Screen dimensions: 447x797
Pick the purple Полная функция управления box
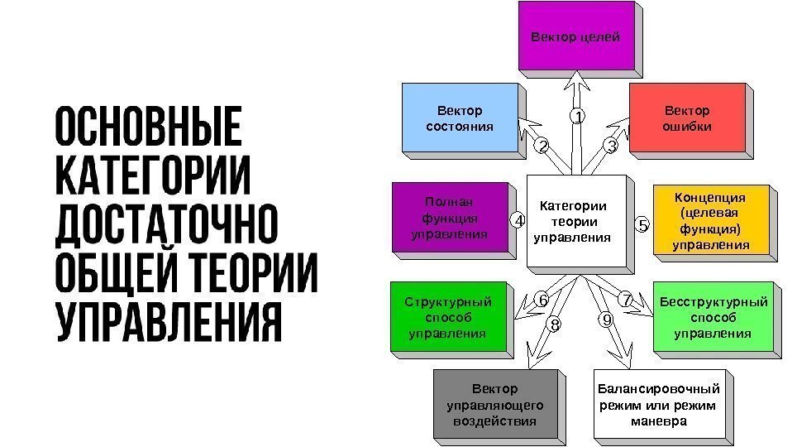pos(449,217)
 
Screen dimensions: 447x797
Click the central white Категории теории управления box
pos(572,221)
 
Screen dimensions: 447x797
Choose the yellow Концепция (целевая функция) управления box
pos(711,221)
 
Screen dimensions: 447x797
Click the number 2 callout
pos(542,147)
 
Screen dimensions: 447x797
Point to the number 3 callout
pos(611,147)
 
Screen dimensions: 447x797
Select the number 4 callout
pos(517,221)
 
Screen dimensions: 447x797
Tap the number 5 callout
pos(642,224)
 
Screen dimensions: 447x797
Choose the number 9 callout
pos(607,320)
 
